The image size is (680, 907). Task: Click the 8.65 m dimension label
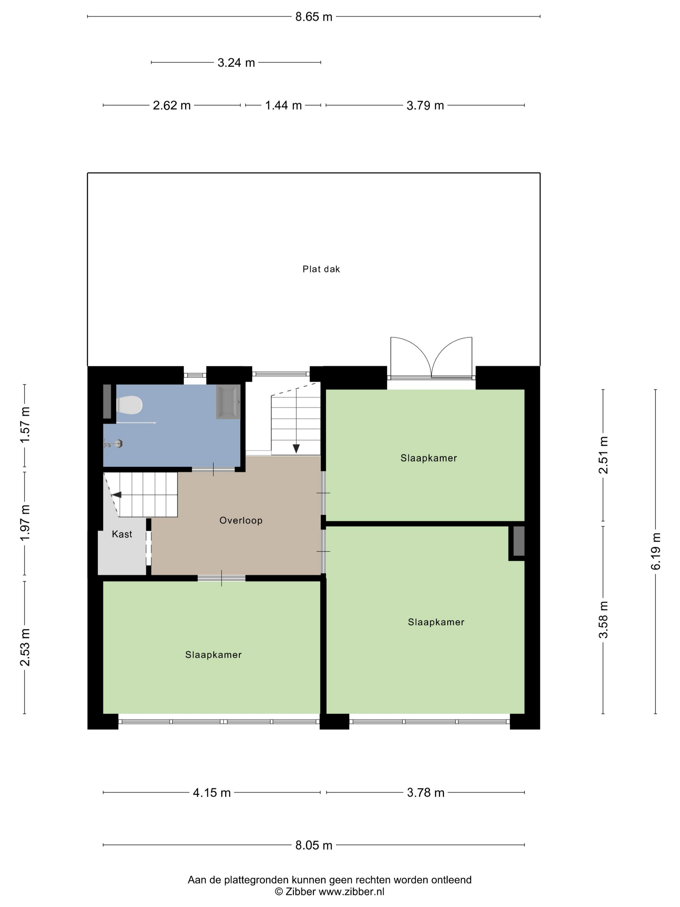pyautogui.click(x=313, y=17)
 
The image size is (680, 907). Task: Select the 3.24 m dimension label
pyautogui.click(x=236, y=63)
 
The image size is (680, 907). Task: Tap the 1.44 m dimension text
pyautogui.click(x=283, y=105)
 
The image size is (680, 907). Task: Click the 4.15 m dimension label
pyautogui.click(x=212, y=793)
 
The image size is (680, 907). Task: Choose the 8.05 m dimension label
pyautogui.click(x=313, y=845)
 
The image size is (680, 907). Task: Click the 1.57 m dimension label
pyautogui.click(x=25, y=425)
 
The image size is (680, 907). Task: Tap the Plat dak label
pyautogui.click(x=321, y=269)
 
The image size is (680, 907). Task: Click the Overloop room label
pyautogui.click(x=241, y=520)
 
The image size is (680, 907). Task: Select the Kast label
pyautogui.click(x=122, y=534)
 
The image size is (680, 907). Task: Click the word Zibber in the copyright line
pyautogui.click(x=301, y=891)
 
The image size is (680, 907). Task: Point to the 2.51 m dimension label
pyautogui.click(x=603, y=455)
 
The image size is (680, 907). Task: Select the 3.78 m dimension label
pyautogui.click(x=425, y=793)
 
